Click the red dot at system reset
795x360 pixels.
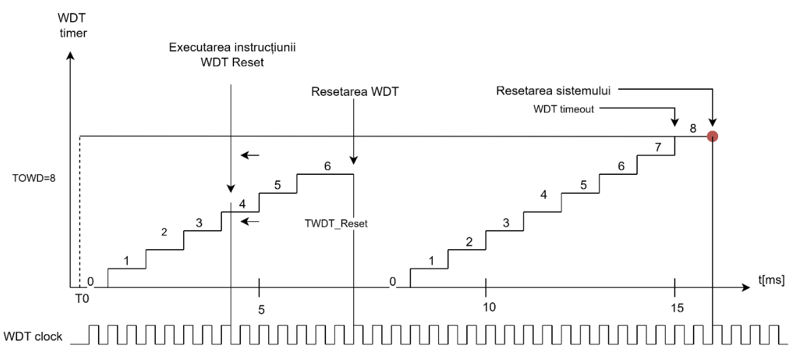[712, 136]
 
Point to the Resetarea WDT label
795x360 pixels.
[354, 91]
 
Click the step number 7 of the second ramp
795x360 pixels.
[658, 147]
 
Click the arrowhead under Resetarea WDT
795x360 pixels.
[354, 161]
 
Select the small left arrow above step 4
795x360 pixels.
[250, 156]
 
